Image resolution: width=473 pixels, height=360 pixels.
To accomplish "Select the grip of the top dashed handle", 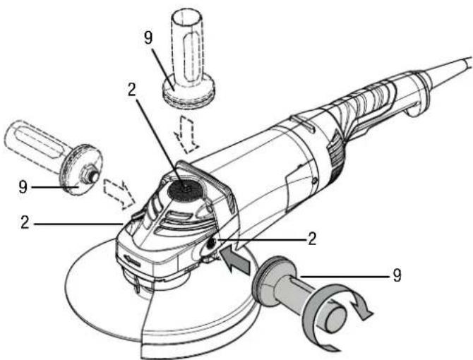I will [188, 42].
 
